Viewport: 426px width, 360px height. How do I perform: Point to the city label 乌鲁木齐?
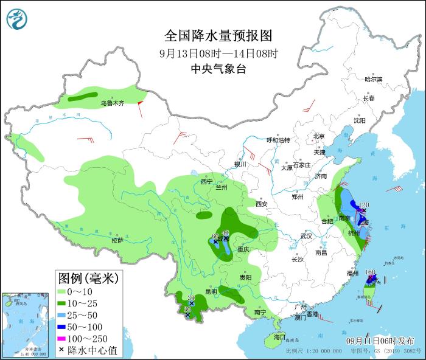coord(112,104)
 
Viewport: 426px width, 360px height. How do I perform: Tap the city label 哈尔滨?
coord(373,80)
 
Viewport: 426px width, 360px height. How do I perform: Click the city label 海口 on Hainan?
coord(279,336)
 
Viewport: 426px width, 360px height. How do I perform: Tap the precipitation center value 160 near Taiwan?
coord(371,273)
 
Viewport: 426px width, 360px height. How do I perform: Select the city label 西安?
coord(262,204)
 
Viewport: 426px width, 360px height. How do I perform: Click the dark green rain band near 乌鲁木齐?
coord(83,95)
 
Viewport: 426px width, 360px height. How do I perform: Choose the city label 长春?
coord(368,98)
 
